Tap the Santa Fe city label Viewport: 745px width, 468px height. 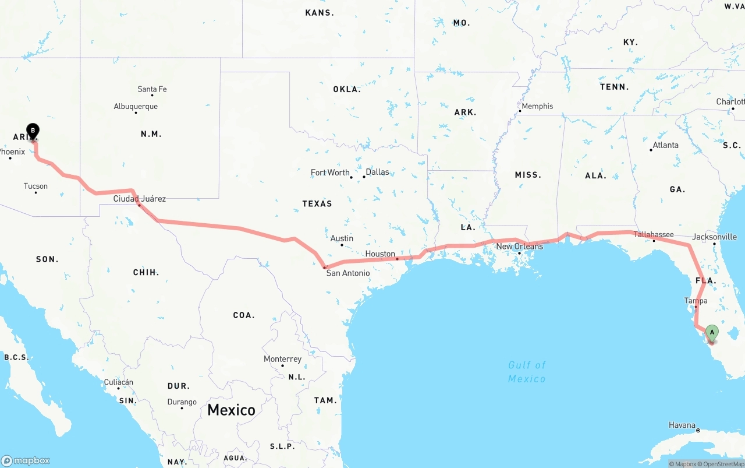(x=152, y=89)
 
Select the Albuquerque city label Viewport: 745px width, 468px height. (x=136, y=107)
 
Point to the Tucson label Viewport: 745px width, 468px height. (x=36, y=187)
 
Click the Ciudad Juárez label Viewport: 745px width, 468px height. (x=139, y=199)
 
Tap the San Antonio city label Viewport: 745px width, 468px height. (x=347, y=273)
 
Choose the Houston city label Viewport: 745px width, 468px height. (x=380, y=254)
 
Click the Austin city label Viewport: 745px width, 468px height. (x=342, y=238)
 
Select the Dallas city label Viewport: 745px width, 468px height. (x=377, y=172)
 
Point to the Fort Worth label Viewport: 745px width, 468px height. (x=330, y=173)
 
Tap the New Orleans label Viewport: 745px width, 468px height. (x=519, y=247)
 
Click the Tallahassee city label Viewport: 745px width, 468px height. (x=654, y=235)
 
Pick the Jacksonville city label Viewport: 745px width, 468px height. (x=714, y=237)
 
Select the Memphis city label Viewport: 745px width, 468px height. (x=537, y=107)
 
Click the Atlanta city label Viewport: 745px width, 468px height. (x=665, y=145)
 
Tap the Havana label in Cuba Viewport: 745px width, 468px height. (x=682, y=425)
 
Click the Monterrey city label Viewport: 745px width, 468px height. (x=282, y=359)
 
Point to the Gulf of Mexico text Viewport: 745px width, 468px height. (x=527, y=372)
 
